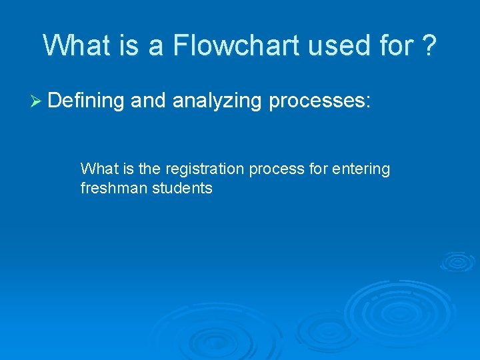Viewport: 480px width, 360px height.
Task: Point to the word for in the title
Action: [400, 45]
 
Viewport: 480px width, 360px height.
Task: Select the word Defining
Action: [87, 101]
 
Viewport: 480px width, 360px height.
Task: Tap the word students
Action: [182, 189]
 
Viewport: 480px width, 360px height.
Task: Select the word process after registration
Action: [277, 170]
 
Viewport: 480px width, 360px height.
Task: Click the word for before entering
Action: [319, 170]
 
